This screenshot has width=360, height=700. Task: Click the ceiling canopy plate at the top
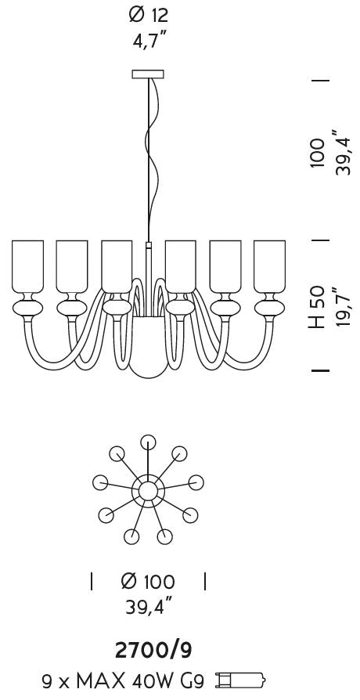[x=148, y=74]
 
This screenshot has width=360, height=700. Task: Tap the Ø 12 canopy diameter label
[x=149, y=15]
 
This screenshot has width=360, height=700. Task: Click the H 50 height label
[x=317, y=308]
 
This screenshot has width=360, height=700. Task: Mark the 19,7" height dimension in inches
[x=344, y=308]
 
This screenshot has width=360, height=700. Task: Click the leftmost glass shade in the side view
[x=27, y=266]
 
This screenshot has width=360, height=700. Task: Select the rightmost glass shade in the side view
[x=269, y=266]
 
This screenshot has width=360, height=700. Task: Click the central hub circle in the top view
[x=148, y=491]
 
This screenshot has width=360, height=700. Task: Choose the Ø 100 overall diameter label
[x=148, y=581]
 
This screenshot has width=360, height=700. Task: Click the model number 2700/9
[x=154, y=651]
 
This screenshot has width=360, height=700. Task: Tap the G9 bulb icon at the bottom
[x=241, y=680]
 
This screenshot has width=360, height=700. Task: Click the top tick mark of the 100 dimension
[x=320, y=81]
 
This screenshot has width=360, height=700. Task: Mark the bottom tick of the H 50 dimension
[x=320, y=370]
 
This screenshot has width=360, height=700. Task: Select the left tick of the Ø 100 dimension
[x=92, y=581]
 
